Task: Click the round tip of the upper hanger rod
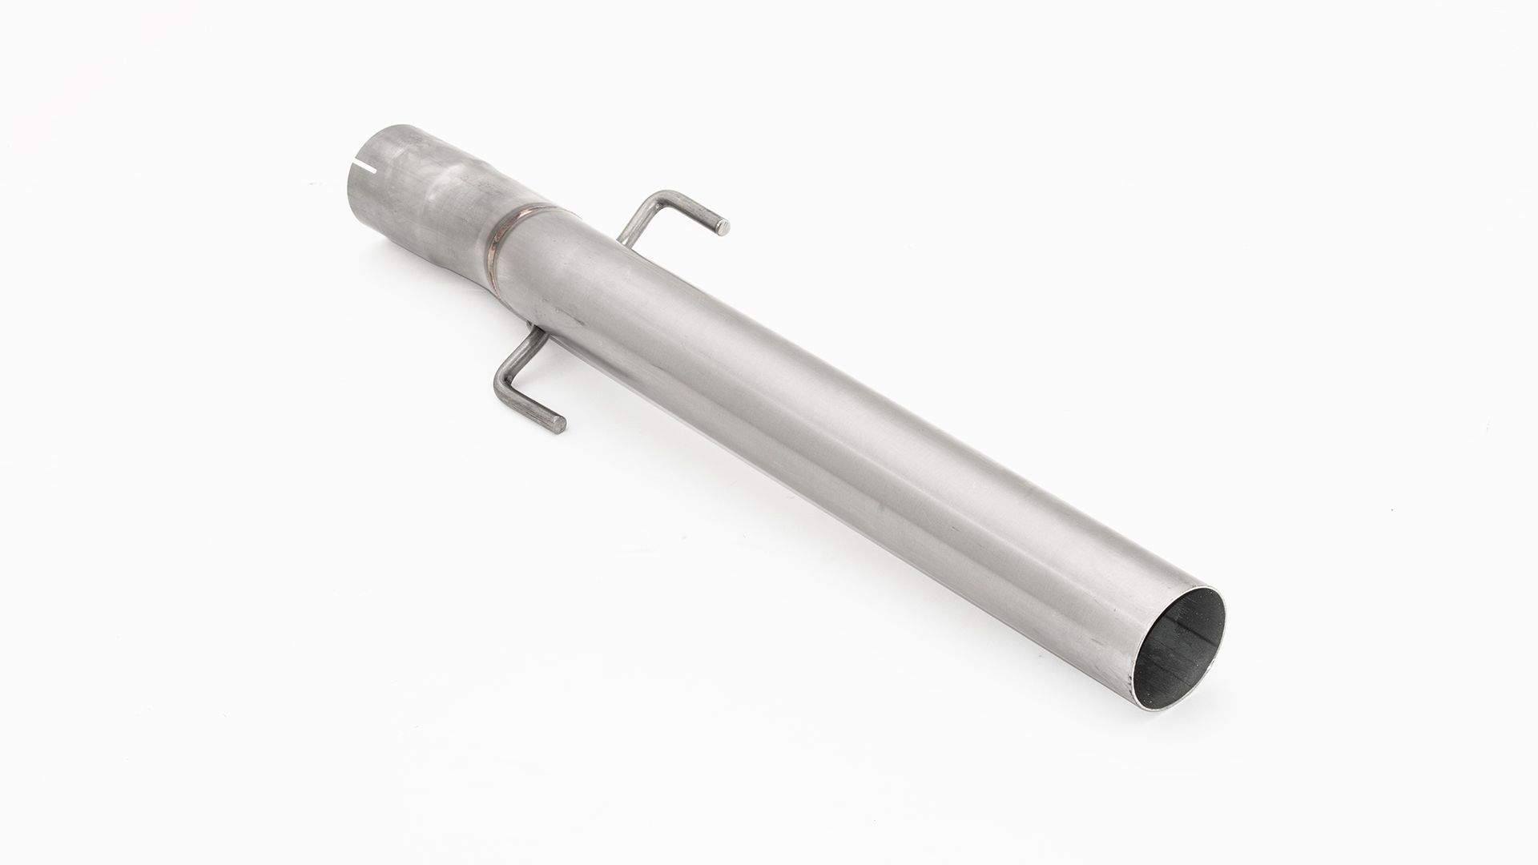coord(723,227)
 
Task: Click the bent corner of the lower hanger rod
coord(506,390)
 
